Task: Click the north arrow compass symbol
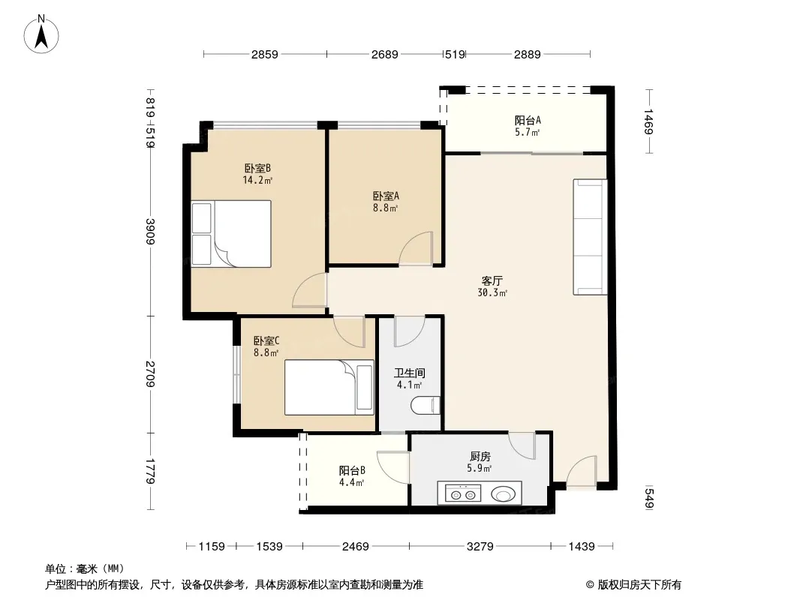pyautogui.click(x=41, y=34)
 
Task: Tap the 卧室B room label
pyautogui.click(x=257, y=168)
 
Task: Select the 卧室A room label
pyautogui.click(x=386, y=196)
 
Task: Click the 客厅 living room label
pyautogui.click(x=492, y=281)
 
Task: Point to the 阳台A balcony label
pyautogui.click(x=528, y=120)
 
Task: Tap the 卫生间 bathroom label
pyautogui.click(x=409, y=373)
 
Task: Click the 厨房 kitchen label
pyautogui.click(x=480, y=456)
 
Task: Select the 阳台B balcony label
pyautogui.click(x=352, y=470)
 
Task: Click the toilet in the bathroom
pyautogui.click(x=426, y=405)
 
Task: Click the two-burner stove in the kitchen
pyautogui.click(x=463, y=493)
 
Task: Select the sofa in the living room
pyautogui.click(x=591, y=236)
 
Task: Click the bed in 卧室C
pyautogui.click(x=329, y=388)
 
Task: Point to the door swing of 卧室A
pyautogui.click(x=416, y=248)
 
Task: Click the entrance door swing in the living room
pyautogui.click(x=581, y=471)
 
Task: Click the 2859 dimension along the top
pyautogui.click(x=265, y=54)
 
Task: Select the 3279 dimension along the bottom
pyautogui.click(x=480, y=547)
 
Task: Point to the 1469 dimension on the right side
pyautogui.click(x=648, y=121)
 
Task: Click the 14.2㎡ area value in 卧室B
pyautogui.click(x=257, y=180)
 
